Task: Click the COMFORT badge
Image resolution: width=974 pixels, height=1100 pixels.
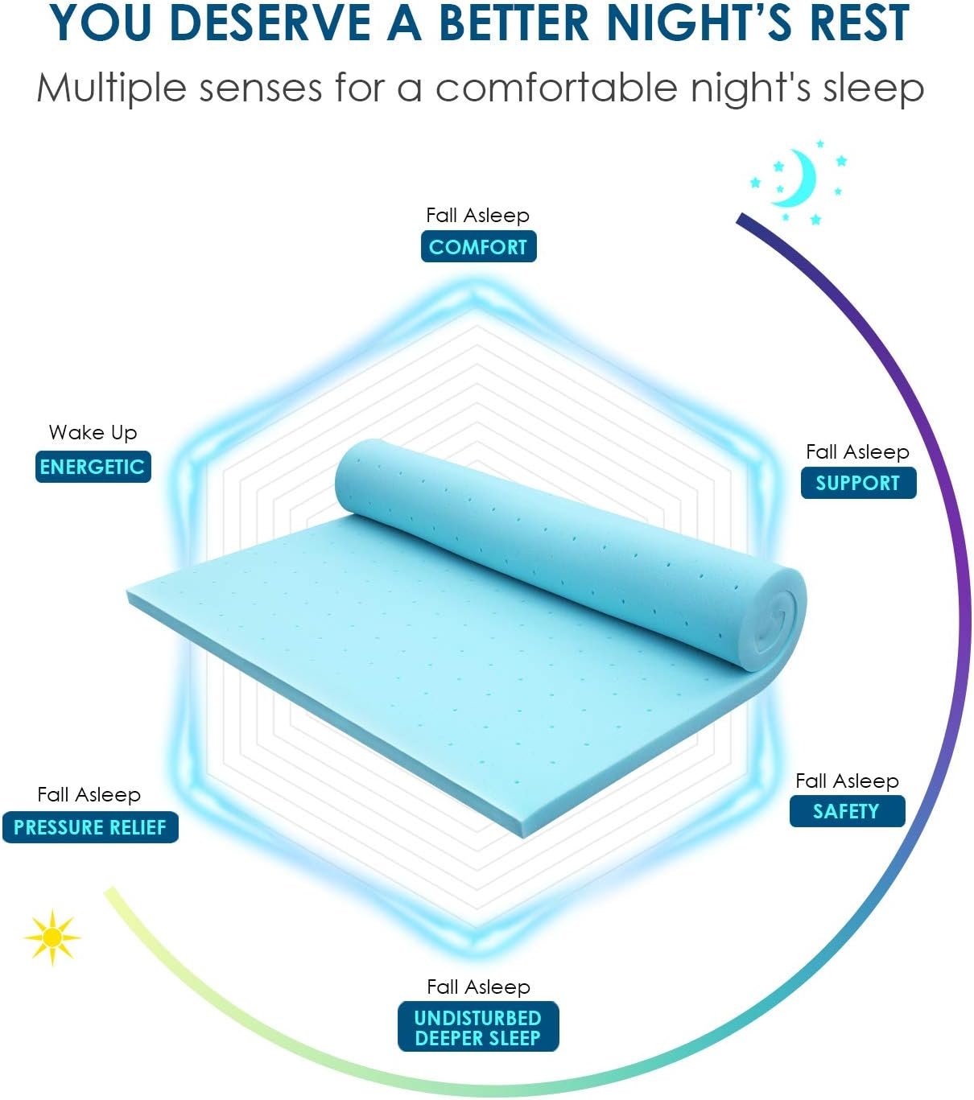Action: click(x=478, y=246)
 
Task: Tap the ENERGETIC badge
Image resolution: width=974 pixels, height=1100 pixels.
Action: click(x=93, y=467)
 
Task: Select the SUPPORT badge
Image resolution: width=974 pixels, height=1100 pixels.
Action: click(x=858, y=483)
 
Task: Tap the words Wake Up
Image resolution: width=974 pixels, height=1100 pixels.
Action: click(x=93, y=433)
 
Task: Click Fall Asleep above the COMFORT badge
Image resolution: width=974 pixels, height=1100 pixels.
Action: click(x=477, y=216)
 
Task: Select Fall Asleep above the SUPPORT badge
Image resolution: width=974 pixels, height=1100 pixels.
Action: click(x=857, y=451)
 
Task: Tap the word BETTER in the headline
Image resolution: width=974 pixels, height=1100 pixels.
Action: click(x=514, y=23)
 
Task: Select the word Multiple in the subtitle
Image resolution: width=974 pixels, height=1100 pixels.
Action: click(x=111, y=88)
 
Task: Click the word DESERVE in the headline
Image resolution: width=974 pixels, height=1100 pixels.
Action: click(x=269, y=23)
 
